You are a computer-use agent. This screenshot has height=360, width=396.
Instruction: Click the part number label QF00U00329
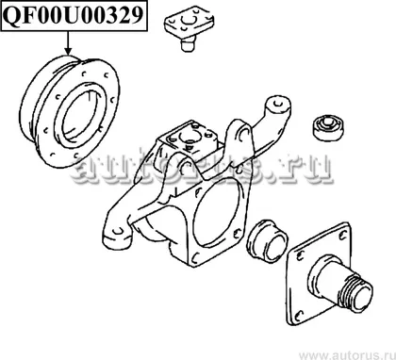74,15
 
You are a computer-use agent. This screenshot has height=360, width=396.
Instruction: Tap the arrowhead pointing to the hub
68,51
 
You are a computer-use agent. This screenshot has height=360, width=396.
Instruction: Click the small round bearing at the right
328,127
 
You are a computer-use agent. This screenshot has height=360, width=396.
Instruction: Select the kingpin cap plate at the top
189,21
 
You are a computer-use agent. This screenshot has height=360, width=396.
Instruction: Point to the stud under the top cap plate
188,43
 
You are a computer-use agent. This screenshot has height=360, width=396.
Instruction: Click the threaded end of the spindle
358,291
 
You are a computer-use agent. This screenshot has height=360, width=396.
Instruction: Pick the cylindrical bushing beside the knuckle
267,241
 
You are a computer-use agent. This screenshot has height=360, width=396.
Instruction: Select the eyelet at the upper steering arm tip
277,104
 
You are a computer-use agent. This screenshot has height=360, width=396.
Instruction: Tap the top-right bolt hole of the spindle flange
343,235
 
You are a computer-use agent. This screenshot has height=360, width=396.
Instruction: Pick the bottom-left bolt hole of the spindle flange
300,315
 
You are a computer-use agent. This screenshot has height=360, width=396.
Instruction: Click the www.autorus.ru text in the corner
347,355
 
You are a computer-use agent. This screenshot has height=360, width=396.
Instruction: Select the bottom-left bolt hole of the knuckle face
195,257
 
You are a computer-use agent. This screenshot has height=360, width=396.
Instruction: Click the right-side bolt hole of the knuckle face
238,233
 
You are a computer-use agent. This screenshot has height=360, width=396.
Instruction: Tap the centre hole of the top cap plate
190,20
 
